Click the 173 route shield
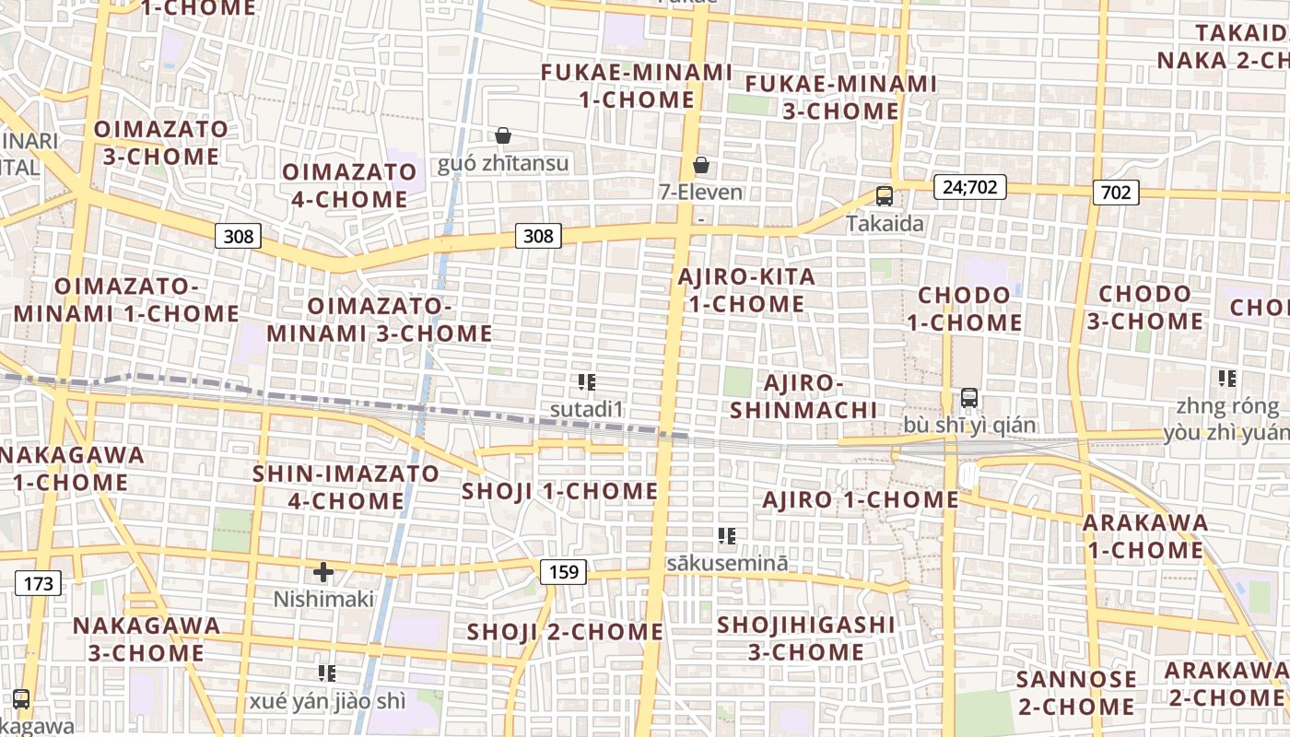[x=39, y=583]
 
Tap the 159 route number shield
[x=563, y=572]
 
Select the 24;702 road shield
[x=969, y=187]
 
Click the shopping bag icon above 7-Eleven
[x=701, y=165]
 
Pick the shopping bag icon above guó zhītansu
[x=503, y=135]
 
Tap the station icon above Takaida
[x=885, y=195]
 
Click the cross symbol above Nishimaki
[x=323, y=572]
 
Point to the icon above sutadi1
[x=587, y=381]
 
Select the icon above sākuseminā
[x=727, y=535]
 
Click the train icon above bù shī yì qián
[x=969, y=398]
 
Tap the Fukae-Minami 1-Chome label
[x=636, y=86]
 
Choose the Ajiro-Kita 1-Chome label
[x=746, y=290]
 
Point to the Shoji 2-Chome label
[x=565, y=632]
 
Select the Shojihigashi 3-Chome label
[x=806, y=638]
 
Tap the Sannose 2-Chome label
[x=1075, y=694]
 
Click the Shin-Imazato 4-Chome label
[x=346, y=487]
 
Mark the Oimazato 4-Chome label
[x=349, y=185]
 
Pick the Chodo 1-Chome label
[x=965, y=309]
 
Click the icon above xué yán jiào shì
[x=327, y=673]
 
